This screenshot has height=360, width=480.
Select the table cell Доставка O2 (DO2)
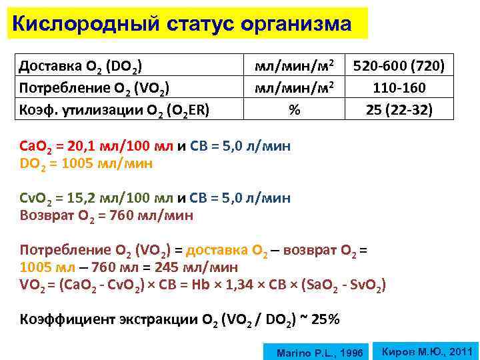coord(80,65)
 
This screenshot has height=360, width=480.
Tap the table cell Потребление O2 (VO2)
coord(94,87)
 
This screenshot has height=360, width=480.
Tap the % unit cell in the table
coord(293,109)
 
